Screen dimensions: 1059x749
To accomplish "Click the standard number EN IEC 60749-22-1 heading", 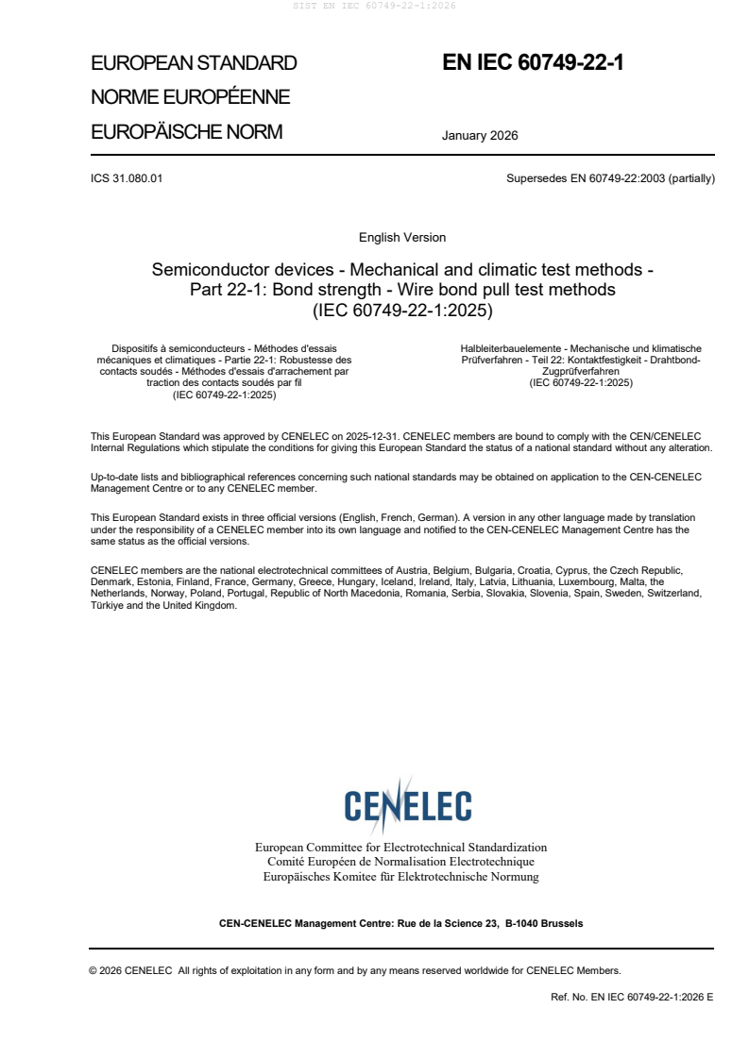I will pyautogui.click(x=533, y=63).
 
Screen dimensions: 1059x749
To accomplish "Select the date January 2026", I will pyautogui.click(x=480, y=135).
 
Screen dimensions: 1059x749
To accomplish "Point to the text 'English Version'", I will pyautogui.click(x=402, y=237).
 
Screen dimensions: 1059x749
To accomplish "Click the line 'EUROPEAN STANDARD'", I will pyautogui.click(x=194, y=63).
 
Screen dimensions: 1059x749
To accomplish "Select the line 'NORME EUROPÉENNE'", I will pyautogui.click(x=190, y=97).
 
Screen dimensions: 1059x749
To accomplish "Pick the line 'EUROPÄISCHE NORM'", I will pyautogui.click(x=186, y=132).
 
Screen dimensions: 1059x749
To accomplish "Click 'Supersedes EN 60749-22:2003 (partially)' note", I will pyautogui.click(x=610, y=178).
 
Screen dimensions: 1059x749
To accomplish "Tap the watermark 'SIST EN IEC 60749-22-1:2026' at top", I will pyautogui.click(x=375, y=7).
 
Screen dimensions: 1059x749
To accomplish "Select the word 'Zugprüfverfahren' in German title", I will pyautogui.click(x=581, y=372).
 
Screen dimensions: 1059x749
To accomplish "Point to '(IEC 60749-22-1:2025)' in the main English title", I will pyautogui.click(x=402, y=310).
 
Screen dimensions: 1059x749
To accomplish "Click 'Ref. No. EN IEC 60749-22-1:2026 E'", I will pyautogui.click(x=632, y=997).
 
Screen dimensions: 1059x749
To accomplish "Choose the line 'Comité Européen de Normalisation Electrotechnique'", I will pyautogui.click(x=400, y=862).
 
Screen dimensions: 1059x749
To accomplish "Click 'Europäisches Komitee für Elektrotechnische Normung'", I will pyautogui.click(x=400, y=877).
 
